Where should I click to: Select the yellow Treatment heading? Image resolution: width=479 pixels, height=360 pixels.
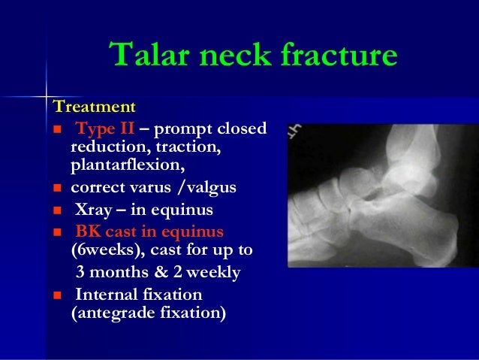94,107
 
